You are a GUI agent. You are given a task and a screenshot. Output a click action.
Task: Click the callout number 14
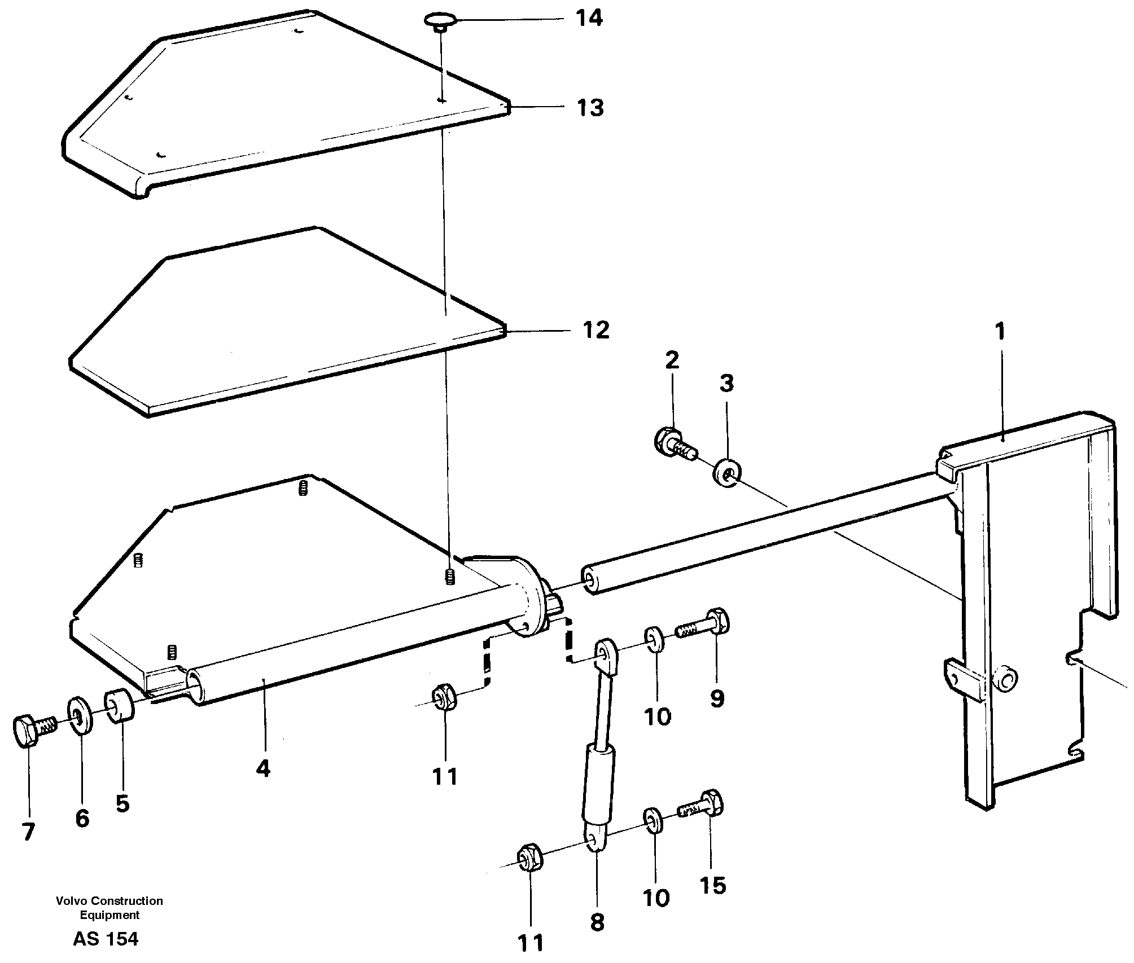(x=589, y=19)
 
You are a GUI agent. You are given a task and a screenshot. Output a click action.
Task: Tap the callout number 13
(x=590, y=107)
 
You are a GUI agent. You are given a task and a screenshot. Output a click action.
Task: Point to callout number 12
(x=596, y=330)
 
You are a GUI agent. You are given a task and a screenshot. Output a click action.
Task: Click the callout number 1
(x=1000, y=332)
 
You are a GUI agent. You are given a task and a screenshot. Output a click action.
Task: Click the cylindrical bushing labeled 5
(x=119, y=705)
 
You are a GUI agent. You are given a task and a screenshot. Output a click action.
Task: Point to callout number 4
(x=263, y=768)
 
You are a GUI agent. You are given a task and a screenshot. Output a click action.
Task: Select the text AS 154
(x=106, y=939)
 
